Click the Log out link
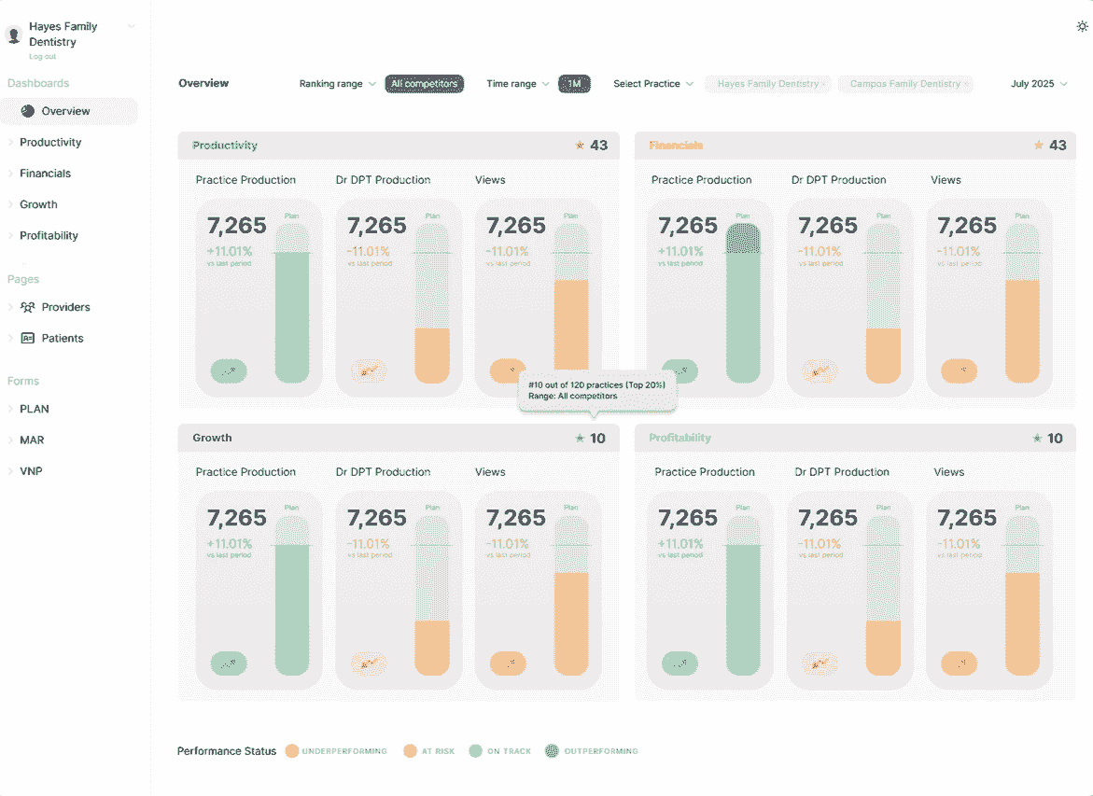(42, 57)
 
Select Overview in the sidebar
(65, 111)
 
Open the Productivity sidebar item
(50, 143)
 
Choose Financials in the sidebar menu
(45, 174)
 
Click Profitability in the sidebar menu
(49, 236)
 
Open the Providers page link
(65, 307)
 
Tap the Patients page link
(63, 339)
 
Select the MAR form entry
(32, 440)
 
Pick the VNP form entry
(31, 471)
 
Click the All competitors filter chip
(425, 84)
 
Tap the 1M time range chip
(574, 84)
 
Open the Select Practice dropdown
(652, 84)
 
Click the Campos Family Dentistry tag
(905, 84)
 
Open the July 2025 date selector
(1038, 84)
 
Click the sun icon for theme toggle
(1082, 26)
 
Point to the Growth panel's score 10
(597, 439)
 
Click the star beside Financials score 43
(1038, 146)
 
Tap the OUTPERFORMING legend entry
(601, 751)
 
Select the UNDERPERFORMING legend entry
(343, 751)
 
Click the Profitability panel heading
(680, 439)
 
